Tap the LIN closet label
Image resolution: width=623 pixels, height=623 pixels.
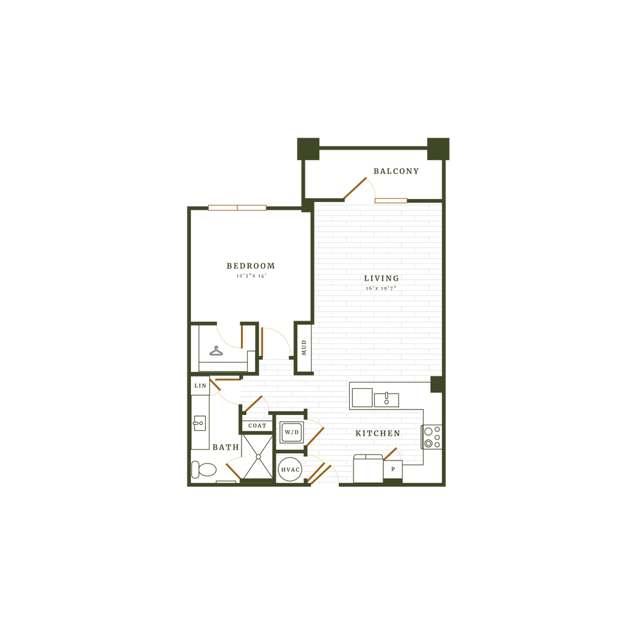coord(200,386)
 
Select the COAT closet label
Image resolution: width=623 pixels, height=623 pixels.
coord(257,426)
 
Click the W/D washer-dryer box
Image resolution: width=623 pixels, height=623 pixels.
coord(291,433)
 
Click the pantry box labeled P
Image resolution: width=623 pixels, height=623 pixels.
coord(393,470)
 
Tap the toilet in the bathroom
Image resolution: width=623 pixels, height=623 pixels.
coord(205,470)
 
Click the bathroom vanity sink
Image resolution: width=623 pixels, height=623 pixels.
coord(199,423)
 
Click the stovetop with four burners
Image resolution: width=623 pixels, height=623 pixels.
coord(433,436)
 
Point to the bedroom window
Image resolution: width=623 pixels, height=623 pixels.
coord(237,207)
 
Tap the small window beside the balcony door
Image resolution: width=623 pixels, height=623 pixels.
coord(391,200)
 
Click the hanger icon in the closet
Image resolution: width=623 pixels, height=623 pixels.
coord(216,350)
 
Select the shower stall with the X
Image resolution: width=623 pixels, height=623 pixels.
coord(258,456)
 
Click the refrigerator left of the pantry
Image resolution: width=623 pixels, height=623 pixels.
coord(368,470)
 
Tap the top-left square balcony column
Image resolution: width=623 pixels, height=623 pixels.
coord(308,148)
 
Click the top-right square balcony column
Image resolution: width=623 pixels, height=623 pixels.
coord(438,148)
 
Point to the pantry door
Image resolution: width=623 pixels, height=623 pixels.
coord(392,453)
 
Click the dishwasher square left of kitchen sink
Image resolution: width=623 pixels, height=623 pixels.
coord(362,398)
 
